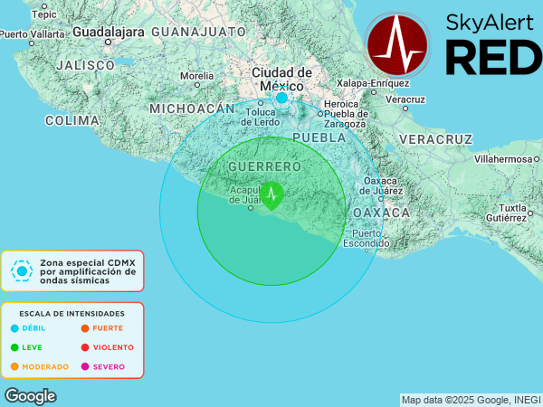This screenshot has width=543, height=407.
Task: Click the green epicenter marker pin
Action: pyautogui.click(x=271, y=194)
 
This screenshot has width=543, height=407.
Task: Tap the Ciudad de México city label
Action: pyautogui.click(x=281, y=79)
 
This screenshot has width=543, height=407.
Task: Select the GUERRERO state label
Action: pyautogui.click(x=264, y=167)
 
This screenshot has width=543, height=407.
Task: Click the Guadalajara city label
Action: pyautogui.click(x=108, y=31)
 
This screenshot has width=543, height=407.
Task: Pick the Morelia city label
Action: pyautogui.click(x=197, y=76)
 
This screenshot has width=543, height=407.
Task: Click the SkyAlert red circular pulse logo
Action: pyautogui.click(x=398, y=44)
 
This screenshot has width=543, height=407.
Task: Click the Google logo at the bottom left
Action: pyautogui.click(x=30, y=396)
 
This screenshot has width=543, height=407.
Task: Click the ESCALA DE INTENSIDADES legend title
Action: pyautogui.click(x=72, y=313)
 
